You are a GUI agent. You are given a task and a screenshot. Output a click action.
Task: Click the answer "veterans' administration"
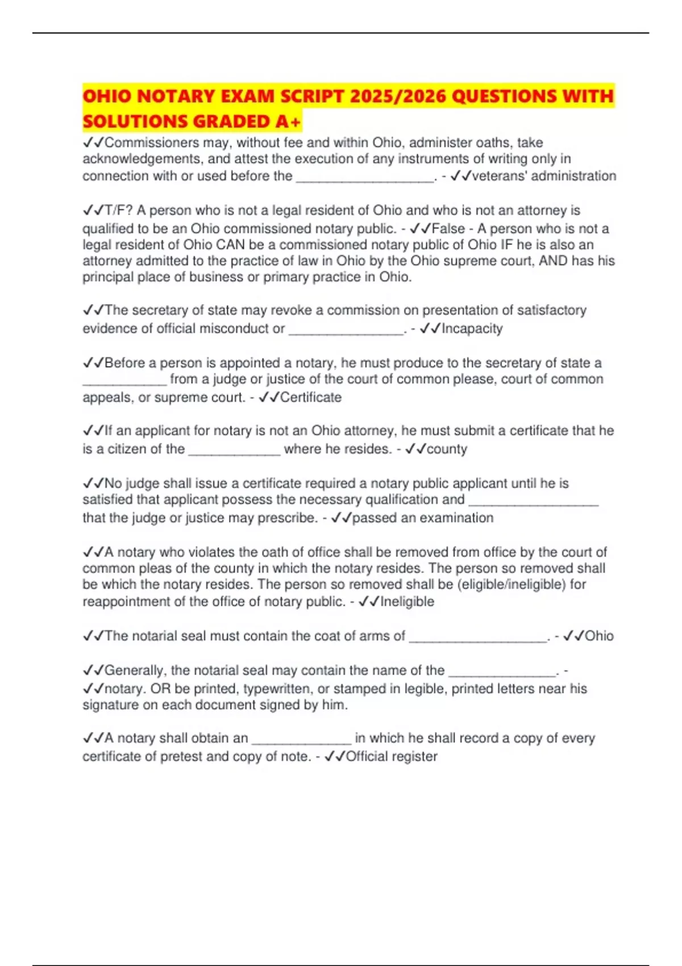[544, 176]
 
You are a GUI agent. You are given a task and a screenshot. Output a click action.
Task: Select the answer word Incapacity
[472, 328]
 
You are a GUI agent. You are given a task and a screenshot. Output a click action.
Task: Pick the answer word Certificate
[311, 397]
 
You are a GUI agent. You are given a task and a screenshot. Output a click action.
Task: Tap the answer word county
[447, 449]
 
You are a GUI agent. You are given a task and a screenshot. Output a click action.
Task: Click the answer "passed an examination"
[423, 518]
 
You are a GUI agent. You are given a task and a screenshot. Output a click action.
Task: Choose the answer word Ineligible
[407, 601]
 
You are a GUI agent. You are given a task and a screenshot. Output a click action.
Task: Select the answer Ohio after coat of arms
[599, 636]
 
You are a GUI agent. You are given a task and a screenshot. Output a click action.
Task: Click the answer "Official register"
[392, 756]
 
